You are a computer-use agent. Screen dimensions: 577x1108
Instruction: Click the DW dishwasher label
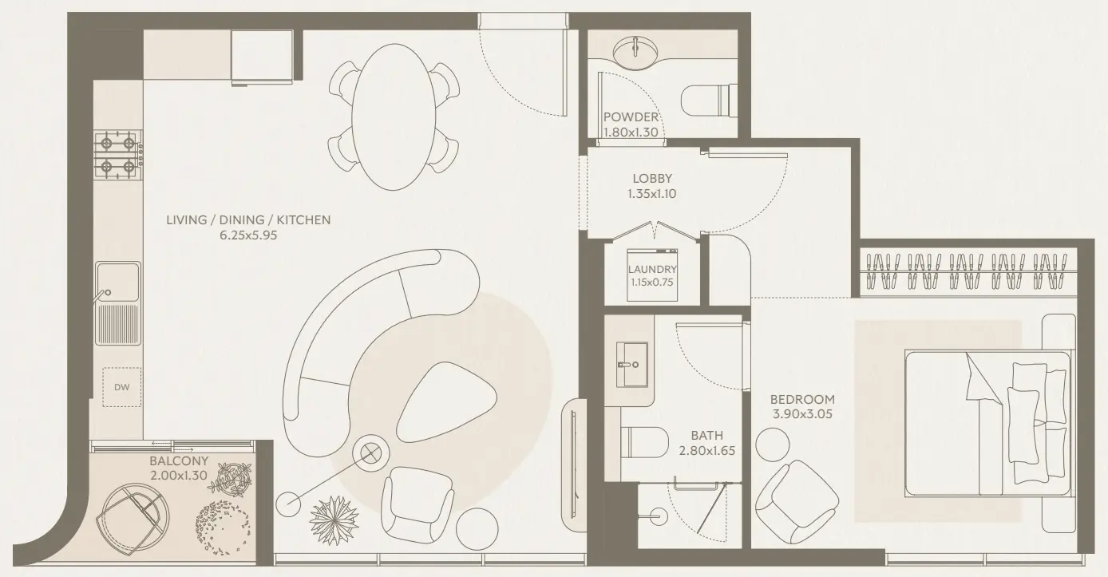tap(121, 388)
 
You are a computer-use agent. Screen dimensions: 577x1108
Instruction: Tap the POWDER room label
tap(631, 117)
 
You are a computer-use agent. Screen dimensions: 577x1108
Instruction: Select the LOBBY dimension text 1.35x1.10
tap(652, 193)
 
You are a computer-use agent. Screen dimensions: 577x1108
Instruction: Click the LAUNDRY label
tap(652, 270)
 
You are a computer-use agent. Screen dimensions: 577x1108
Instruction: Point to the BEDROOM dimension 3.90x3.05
tap(802, 414)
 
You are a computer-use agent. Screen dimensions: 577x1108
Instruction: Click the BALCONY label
tap(179, 461)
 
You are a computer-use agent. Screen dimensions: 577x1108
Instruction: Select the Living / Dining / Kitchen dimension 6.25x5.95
tap(247, 235)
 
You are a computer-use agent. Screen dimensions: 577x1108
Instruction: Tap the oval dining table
tap(394, 117)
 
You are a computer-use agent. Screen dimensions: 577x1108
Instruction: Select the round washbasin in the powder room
tap(635, 51)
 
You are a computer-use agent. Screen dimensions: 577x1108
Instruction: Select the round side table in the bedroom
tap(773, 444)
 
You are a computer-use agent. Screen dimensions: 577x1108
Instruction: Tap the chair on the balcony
tap(132, 516)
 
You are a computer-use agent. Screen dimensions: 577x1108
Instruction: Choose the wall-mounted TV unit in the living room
tap(574, 464)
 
